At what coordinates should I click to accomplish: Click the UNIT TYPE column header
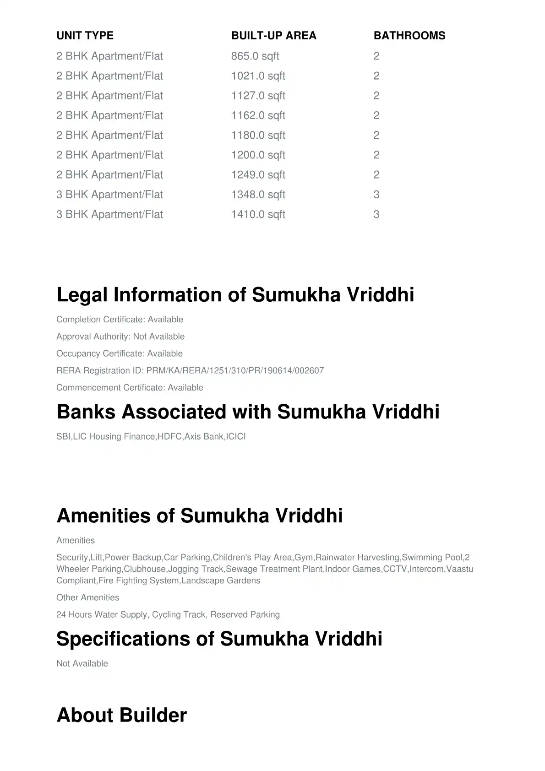pyautogui.click(x=85, y=36)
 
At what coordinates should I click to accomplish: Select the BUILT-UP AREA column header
pyautogui.click(x=273, y=36)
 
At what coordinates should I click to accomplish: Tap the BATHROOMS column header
pyautogui.click(x=409, y=36)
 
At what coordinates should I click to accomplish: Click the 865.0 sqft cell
pyautogui.click(x=255, y=56)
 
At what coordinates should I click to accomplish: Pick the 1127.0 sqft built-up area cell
pyautogui.click(x=258, y=96)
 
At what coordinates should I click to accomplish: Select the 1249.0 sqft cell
pyautogui.click(x=258, y=175)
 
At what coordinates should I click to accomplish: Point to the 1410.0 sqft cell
pyautogui.click(x=258, y=214)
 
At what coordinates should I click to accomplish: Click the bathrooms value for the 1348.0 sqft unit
pyautogui.click(x=376, y=195)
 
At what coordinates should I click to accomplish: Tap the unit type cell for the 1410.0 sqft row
pyautogui.click(x=109, y=214)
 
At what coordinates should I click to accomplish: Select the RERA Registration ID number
pyautogui.click(x=235, y=370)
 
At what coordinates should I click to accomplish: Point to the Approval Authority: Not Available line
pyautogui.click(x=120, y=337)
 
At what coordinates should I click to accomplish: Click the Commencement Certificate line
pyautogui.click(x=130, y=387)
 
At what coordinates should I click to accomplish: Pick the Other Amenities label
pyautogui.click(x=87, y=597)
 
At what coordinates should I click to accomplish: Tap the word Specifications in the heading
pyautogui.click(x=123, y=639)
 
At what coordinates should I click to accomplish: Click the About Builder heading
pyautogui.click(x=121, y=715)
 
